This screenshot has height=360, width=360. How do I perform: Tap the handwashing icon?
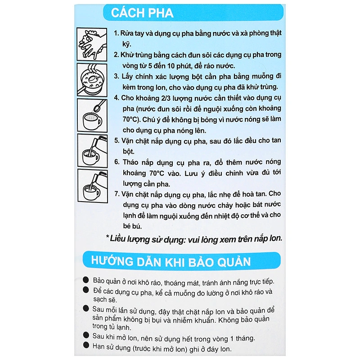(x=92, y=44)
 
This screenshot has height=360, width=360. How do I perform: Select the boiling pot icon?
(x=92, y=79)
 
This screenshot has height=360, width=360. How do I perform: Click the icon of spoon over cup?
(x=92, y=115)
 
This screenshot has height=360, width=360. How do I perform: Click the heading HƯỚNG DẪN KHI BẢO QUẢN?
(x=171, y=261)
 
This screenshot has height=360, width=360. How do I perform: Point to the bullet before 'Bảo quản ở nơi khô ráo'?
(x=86, y=280)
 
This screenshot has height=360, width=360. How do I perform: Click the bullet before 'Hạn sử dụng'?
(x=86, y=345)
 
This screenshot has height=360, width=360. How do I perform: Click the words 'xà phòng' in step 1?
(x=255, y=34)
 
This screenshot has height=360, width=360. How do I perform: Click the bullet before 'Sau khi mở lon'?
(x=86, y=336)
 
